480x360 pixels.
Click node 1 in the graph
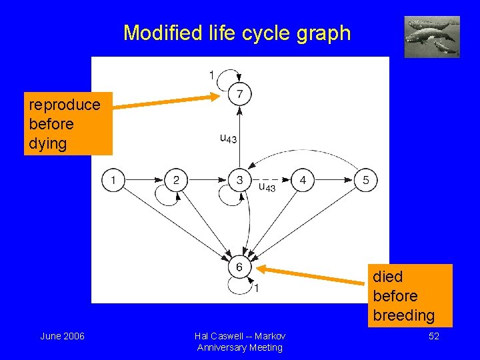(113, 180)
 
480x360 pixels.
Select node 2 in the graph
(176, 180)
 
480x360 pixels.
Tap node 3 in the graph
(239, 180)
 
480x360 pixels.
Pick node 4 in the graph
(303, 180)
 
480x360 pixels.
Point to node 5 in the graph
(365, 180)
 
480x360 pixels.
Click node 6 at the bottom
(239, 267)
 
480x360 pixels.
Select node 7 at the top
(239, 94)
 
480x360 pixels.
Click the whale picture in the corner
(432, 37)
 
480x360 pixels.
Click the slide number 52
(433, 336)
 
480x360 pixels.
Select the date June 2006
(62, 336)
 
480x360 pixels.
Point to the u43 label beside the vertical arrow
(228, 139)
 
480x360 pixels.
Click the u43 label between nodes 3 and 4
(267, 187)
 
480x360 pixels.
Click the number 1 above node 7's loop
(212, 75)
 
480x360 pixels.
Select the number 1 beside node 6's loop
(257, 288)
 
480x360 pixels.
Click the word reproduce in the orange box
(65, 105)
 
